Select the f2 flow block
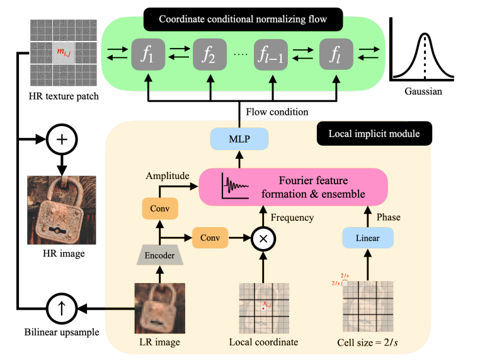click(210, 54)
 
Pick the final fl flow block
click(337, 54)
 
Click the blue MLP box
click(240, 138)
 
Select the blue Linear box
click(369, 238)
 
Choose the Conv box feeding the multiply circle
click(210, 238)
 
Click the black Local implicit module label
click(366, 134)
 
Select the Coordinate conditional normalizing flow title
click(243, 20)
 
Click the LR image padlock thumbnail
click(159, 308)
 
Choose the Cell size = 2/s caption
click(369, 343)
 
